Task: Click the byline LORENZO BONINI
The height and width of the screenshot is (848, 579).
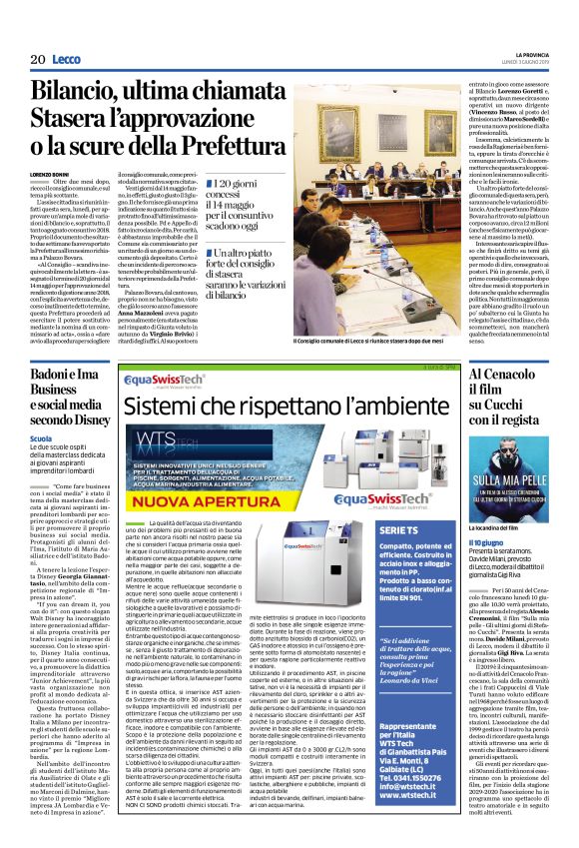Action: pyautogui.click(x=51, y=173)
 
